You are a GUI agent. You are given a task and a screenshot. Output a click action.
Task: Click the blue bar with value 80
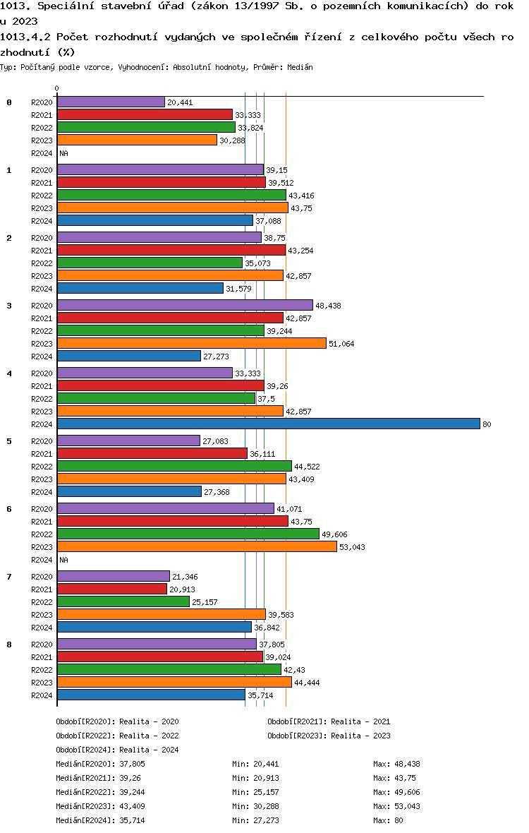pos(269,424)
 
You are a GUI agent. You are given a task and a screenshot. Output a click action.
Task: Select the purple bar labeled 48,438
pos(186,306)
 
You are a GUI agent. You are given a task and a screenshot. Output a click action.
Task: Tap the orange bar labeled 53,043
pos(197,546)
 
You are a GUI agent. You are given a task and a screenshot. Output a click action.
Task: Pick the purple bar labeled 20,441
pos(111,102)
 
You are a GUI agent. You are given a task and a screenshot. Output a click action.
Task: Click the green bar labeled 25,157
pos(123,602)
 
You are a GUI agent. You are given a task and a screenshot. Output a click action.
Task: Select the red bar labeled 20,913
pos(112,589)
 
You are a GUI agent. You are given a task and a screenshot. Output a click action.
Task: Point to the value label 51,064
pos(341,344)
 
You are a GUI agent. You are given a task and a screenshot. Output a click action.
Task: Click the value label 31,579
pos(239,289)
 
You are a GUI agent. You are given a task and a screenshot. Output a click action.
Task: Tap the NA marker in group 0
pos(63,153)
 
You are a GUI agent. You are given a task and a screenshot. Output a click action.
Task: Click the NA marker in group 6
pos(63,560)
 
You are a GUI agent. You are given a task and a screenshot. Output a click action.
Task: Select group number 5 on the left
pos(9,441)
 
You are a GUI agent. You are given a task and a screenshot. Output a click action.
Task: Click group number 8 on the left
pos(9,645)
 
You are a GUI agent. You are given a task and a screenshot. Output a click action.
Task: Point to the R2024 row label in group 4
pos(42,424)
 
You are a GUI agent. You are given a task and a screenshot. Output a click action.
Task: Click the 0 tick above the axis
pos(56,89)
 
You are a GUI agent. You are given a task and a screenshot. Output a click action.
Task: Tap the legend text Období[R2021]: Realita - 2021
pos(329,721)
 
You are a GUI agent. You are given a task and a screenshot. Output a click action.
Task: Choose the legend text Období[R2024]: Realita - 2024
pos(117,750)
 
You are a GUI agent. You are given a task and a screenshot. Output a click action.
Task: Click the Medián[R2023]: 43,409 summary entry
pos(100,806)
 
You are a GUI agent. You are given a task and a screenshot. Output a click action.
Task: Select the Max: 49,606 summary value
pos(396,792)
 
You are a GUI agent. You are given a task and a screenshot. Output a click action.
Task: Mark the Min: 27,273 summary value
pos(255,820)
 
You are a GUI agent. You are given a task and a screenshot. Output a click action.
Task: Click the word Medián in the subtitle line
pos(300,68)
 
